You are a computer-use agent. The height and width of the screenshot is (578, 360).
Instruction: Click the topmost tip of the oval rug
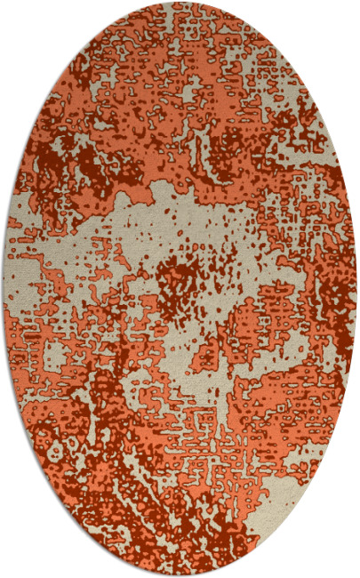point(180,3)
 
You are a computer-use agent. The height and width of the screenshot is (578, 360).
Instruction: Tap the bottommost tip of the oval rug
point(180,575)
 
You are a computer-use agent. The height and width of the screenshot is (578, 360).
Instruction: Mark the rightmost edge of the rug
point(356,289)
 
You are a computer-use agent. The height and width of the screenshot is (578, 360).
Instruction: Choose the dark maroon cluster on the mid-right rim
point(333,293)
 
